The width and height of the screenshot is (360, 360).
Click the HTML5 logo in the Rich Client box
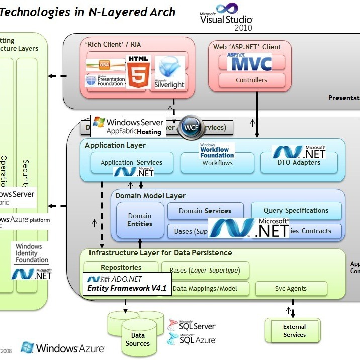pos(138,72)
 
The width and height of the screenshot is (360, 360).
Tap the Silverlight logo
pos(170,73)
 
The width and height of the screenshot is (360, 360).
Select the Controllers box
pos(251,80)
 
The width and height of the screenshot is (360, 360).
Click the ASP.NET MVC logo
pos(249,62)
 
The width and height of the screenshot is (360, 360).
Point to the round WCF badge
pos(192,128)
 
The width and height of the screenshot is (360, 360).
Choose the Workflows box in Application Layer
pos(217,163)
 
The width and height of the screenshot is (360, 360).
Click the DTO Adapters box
pos(299,163)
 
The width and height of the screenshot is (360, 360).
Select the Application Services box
pos(131,163)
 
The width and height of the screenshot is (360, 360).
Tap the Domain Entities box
pos(140,220)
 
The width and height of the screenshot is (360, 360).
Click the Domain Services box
pos(205,211)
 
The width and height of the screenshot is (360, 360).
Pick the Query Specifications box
pos(296,210)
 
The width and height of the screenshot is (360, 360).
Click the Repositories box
pos(121,268)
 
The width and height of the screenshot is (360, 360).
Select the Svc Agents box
pos(291,289)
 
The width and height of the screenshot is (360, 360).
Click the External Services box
pos(294,330)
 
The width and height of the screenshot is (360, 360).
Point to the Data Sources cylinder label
pos(138,339)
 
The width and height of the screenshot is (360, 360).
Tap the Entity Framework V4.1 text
pos(127,288)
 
